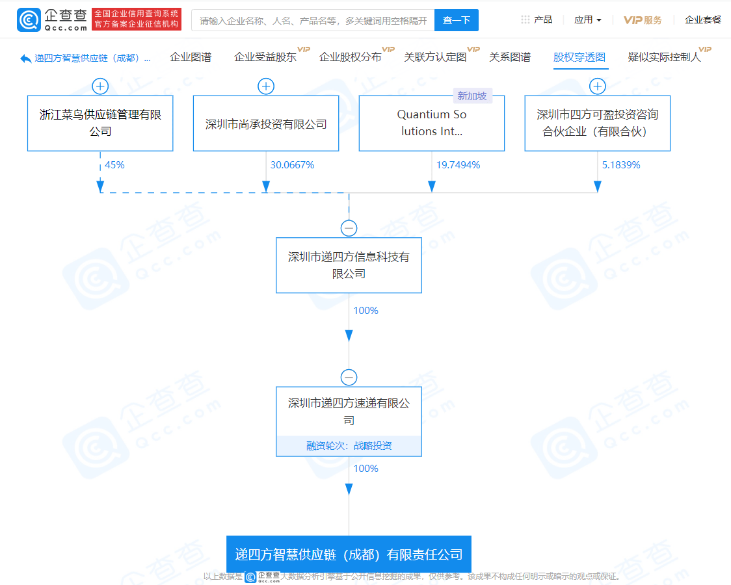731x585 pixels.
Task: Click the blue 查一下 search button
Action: tap(456, 20)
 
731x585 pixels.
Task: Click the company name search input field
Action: tap(313, 20)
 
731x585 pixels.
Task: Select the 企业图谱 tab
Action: tap(191, 57)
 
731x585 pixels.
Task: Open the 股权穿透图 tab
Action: tap(579, 57)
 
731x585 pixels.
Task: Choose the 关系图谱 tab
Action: tap(510, 57)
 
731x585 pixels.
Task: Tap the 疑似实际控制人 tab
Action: tap(664, 57)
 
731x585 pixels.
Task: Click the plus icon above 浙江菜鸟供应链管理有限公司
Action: tap(100, 86)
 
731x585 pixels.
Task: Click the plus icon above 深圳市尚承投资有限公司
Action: tap(266, 86)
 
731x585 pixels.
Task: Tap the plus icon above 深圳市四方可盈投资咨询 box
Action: tap(598, 86)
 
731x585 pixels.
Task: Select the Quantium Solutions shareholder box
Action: tap(432, 123)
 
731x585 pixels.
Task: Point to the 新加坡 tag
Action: tap(472, 96)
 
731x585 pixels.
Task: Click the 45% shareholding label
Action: tap(114, 165)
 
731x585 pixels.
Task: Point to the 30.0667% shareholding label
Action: tap(292, 165)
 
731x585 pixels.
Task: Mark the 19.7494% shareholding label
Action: tap(459, 165)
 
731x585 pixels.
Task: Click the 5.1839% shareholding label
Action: tap(621, 165)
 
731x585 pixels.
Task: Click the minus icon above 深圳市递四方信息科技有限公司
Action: tap(349, 228)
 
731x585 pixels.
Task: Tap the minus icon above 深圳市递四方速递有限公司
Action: tap(349, 377)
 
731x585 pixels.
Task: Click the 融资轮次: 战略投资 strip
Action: tap(349, 446)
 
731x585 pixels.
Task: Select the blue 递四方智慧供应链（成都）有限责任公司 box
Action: tap(349, 554)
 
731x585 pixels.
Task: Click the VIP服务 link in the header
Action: tap(643, 20)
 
